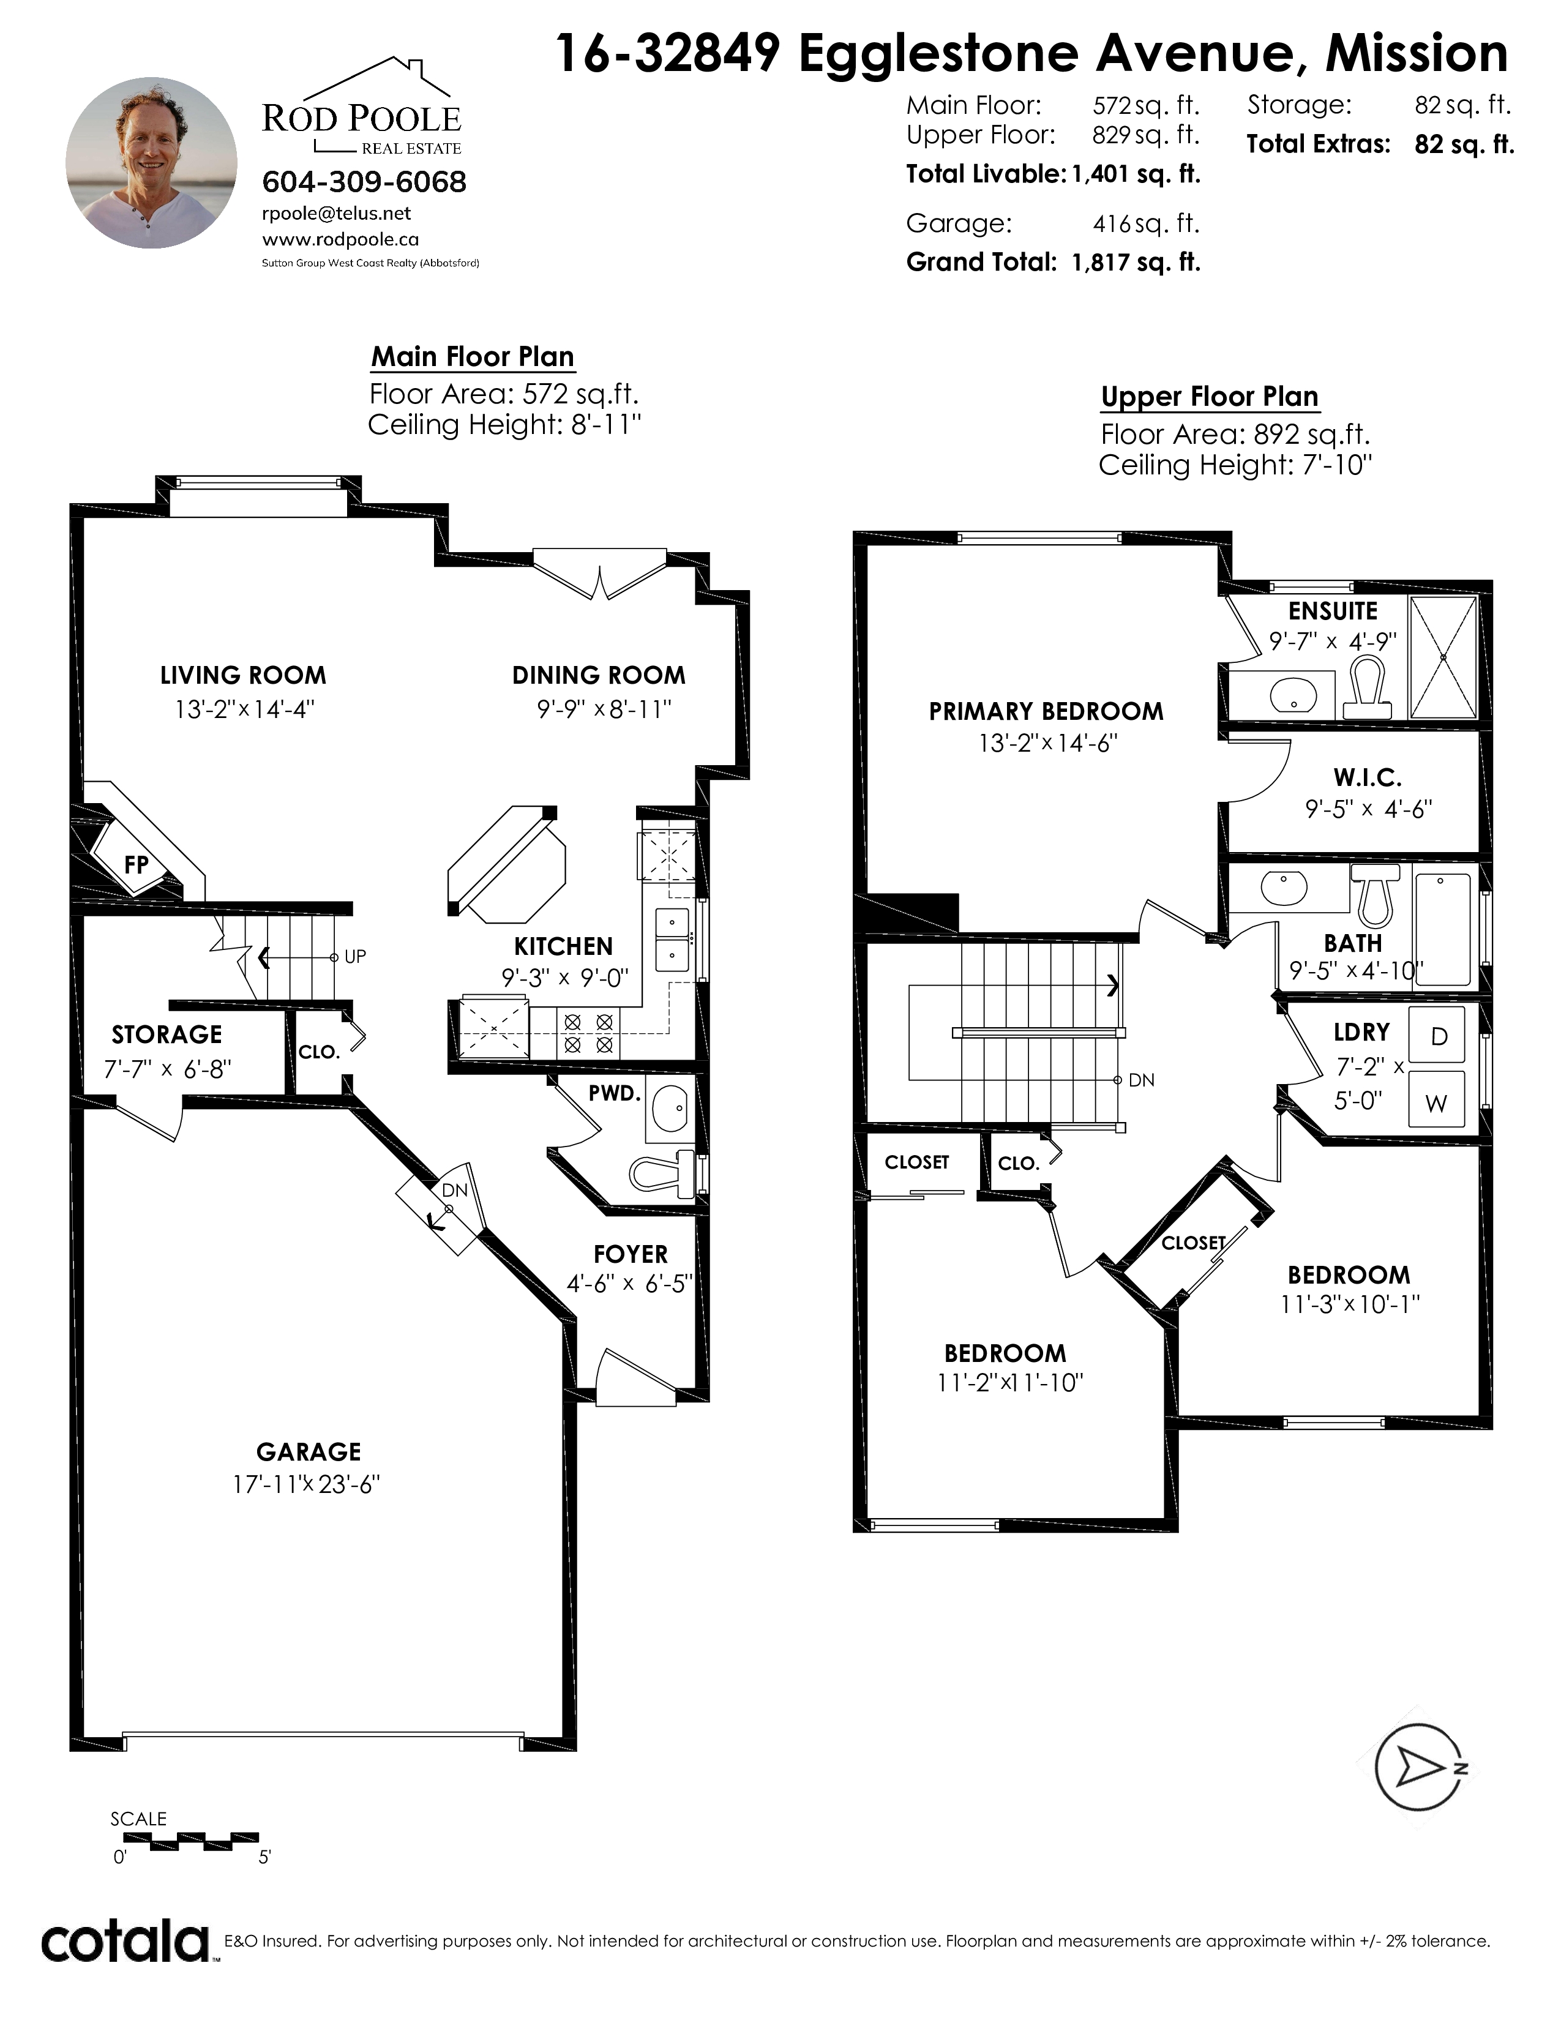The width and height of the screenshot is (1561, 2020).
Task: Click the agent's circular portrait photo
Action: click(151, 163)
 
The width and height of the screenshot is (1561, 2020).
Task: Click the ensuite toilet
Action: click(1367, 686)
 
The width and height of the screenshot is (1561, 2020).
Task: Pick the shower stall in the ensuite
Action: click(1443, 657)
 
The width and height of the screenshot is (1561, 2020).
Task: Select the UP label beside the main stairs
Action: click(355, 956)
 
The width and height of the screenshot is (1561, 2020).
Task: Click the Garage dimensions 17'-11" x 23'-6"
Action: click(306, 1484)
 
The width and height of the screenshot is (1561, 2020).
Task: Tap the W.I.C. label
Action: click(1368, 778)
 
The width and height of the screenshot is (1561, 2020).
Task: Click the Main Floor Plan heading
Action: click(473, 356)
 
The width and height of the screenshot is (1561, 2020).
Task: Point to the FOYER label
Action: click(631, 1254)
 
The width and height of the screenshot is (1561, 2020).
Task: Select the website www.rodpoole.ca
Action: click(340, 239)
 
